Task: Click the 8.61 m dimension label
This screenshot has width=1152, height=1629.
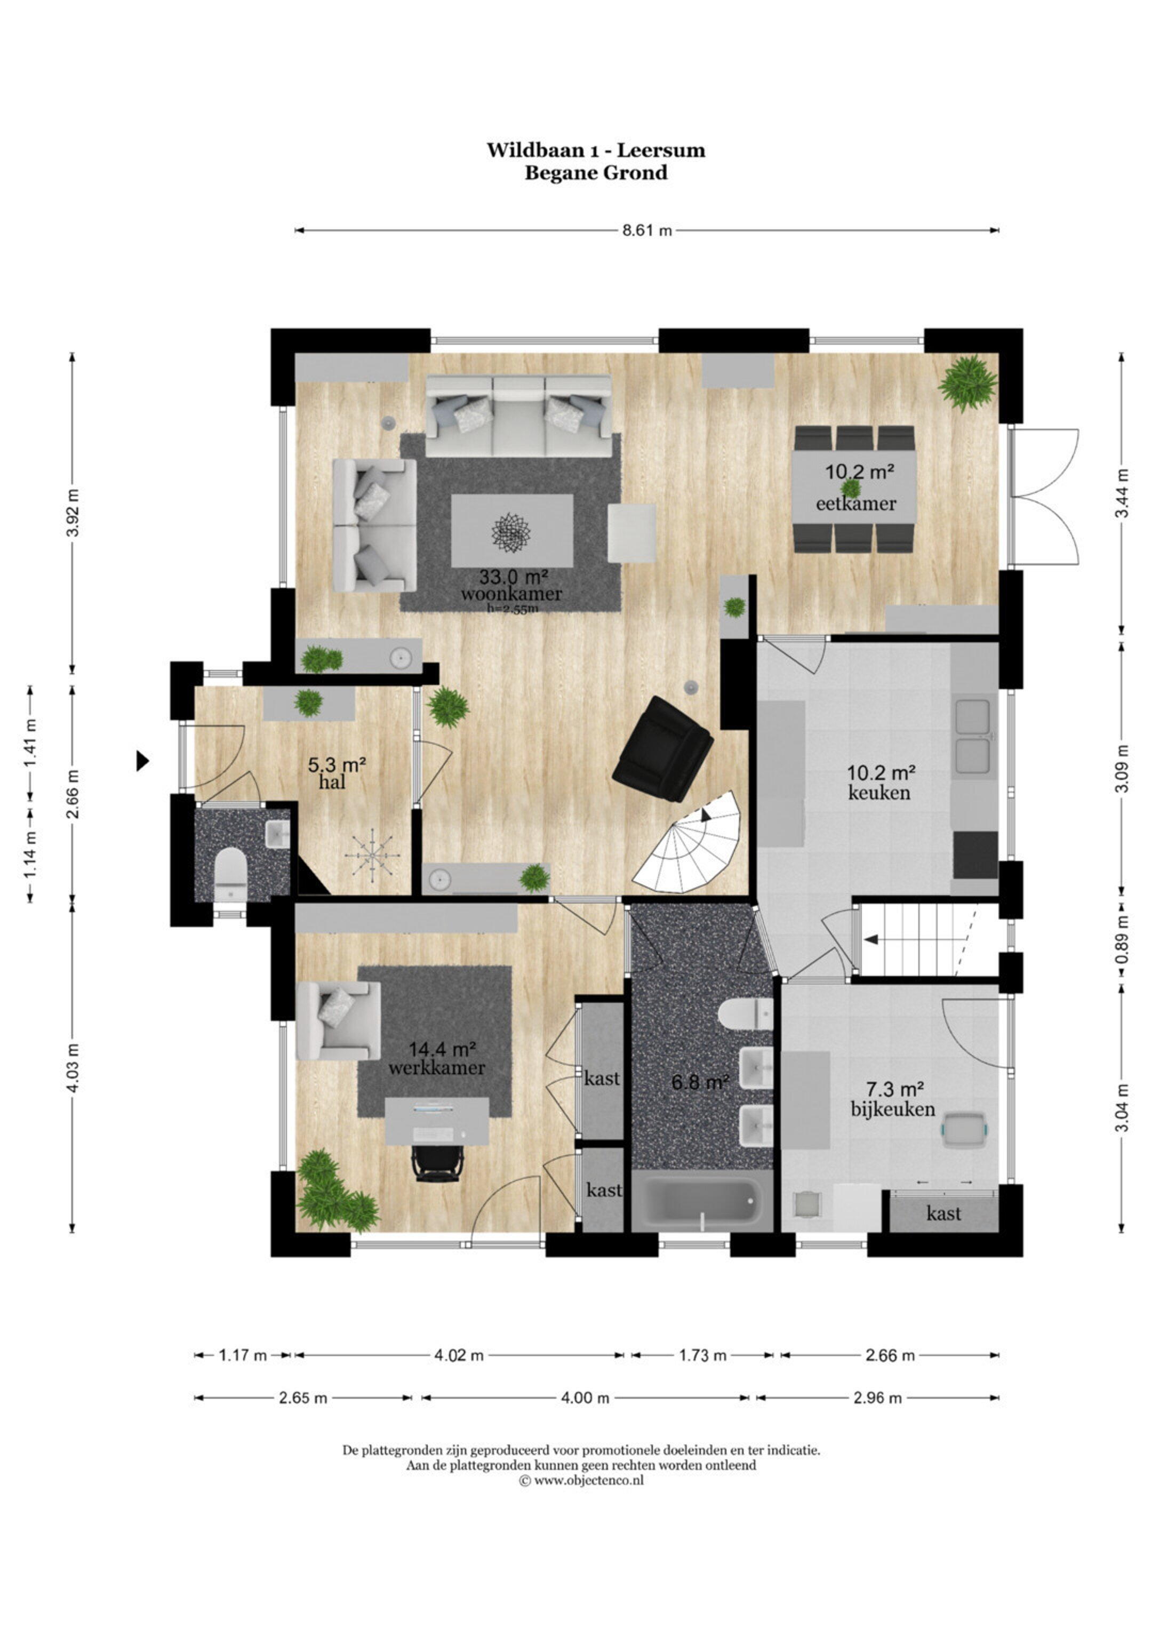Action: [646, 230]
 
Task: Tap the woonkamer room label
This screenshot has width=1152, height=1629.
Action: [511, 594]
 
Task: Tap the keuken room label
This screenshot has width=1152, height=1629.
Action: [879, 793]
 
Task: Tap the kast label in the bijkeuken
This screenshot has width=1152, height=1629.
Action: [943, 1214]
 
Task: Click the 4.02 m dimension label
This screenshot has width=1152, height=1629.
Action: [459, 1356]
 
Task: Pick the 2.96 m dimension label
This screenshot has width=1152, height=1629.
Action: [877, 1399]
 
